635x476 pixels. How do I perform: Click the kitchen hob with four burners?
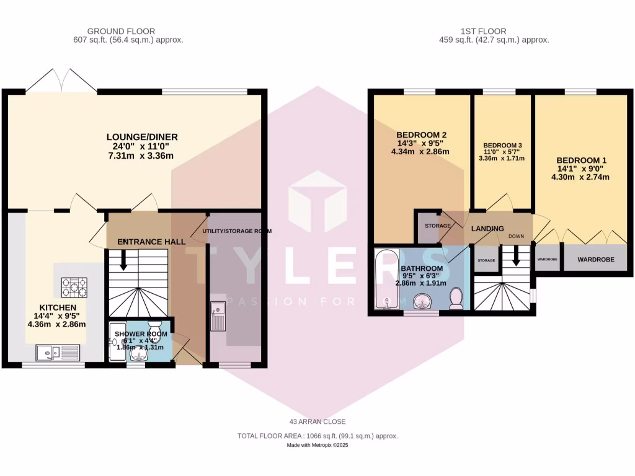(74, 287)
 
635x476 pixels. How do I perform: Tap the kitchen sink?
(56, 353)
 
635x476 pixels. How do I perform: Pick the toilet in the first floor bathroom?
(456, 297)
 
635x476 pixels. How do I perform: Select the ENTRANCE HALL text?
(152, 241)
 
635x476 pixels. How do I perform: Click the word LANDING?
(487, 229)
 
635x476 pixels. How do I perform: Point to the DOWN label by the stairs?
(516, 236)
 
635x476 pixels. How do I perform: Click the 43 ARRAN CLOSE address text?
(317, 422)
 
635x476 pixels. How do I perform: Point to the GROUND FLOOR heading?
(121, 31)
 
